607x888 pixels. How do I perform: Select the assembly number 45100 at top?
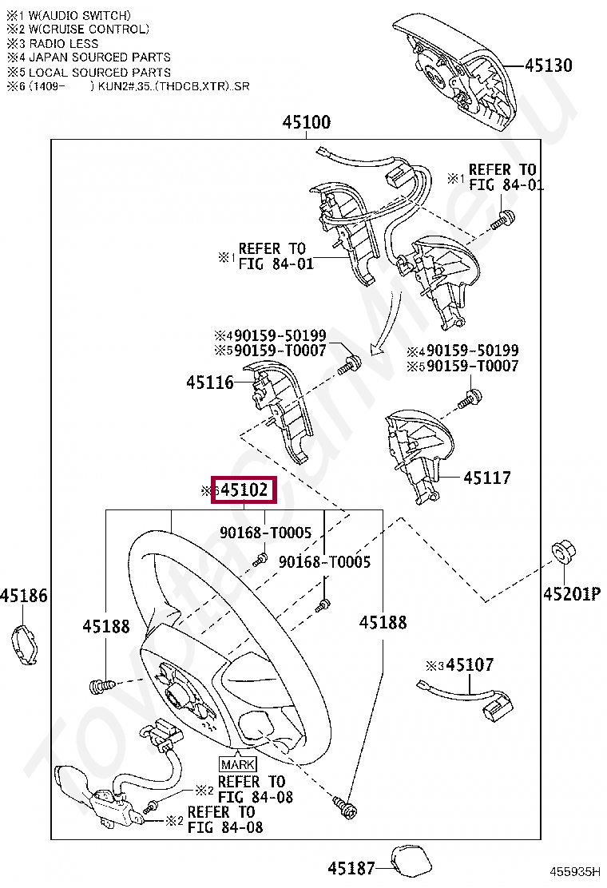click(x=306, y=122)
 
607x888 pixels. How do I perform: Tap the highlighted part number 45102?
click(x=244, y=490)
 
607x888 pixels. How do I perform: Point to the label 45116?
click(x=210, y=383)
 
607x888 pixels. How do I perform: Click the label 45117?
click(x=487, y=478)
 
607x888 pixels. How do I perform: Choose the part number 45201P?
click(x=571, y=594)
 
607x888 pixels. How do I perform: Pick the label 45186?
click(x=24, y=595)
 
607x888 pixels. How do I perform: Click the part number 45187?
click(x=351, y=867)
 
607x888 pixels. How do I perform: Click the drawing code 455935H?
click(x=573, y=872)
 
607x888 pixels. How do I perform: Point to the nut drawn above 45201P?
click(x=562, y=552)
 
